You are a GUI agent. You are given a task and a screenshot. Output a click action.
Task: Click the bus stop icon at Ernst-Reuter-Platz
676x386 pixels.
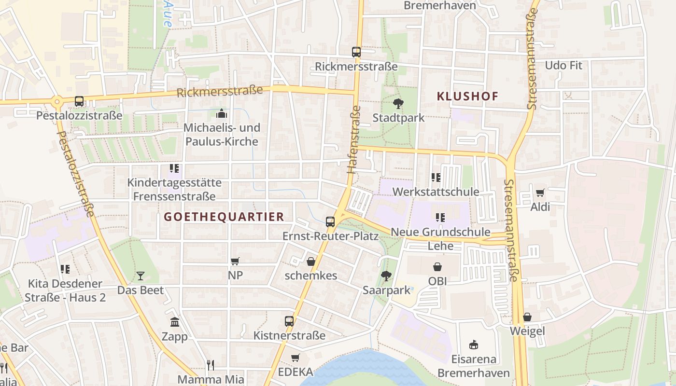(x=330, y=222)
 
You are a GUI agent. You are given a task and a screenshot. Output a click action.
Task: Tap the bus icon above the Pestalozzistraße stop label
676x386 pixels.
(x=79, y=101)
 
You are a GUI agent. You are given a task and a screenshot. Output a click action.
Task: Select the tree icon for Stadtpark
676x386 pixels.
(x=398, y=103)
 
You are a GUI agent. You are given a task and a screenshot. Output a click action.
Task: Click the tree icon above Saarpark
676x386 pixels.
(x=386, y=276)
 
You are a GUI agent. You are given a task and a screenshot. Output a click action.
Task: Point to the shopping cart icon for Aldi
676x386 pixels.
(x=540, y=193)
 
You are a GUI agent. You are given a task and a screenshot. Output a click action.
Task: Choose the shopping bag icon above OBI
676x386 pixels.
(x=437, y=267)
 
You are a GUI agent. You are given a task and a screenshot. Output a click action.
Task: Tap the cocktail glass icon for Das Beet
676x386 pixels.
(x=141, y=276)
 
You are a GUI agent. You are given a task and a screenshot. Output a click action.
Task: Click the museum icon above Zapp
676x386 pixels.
(x=175, y=322)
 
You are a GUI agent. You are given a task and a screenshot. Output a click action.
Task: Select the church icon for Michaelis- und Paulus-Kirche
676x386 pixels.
(x=222, y=114)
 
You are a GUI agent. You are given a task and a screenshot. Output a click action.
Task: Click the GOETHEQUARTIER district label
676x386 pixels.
(x=224, y=217)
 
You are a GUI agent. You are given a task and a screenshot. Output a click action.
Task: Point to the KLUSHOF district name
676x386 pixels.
(x=467, y=96)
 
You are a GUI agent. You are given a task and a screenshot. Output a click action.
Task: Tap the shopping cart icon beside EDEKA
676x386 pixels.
(x=296, y=358)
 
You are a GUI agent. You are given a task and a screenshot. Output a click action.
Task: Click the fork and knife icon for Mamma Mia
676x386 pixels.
(x=210, y=365)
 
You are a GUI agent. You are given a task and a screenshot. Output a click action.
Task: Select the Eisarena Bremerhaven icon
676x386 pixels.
(x=474, y=345)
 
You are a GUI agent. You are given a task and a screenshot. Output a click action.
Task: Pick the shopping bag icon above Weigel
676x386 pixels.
(x=527, y=317)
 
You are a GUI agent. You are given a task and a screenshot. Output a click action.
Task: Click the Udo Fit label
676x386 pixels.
(x=563, y=65)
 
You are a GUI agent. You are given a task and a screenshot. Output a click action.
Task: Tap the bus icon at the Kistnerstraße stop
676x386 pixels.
(x=289, y=321)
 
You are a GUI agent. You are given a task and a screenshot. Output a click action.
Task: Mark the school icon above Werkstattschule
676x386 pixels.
(x=436, y=178)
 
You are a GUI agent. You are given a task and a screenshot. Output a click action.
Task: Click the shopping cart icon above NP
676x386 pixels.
(x=235, y=262)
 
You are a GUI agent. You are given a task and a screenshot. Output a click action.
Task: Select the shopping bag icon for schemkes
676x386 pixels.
(x=311, y=262)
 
